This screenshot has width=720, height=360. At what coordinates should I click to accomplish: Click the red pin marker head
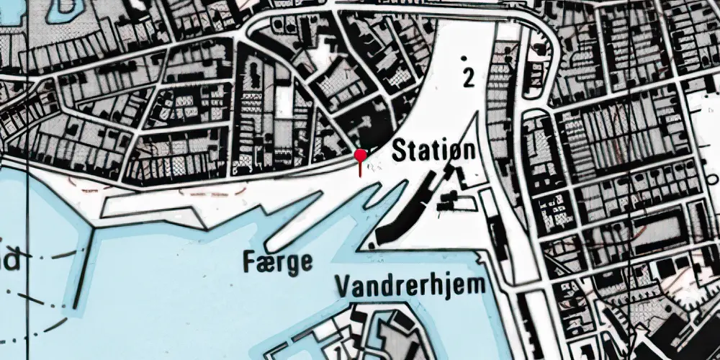(361, 154)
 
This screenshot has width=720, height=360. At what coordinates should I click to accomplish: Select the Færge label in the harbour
(279, 261)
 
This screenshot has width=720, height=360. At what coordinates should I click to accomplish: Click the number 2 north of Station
(469, 78)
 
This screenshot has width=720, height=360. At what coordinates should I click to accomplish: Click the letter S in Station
(399, 151)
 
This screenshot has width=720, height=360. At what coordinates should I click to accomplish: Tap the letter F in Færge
(249, 259)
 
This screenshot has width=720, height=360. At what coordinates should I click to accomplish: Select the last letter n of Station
(469, 152)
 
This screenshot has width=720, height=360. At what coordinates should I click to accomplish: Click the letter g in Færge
(293, 264)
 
